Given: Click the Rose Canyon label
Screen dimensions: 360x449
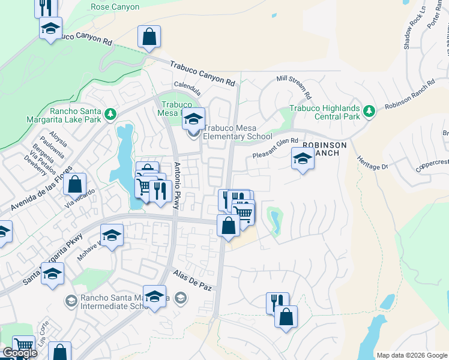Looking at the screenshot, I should pyautogui.click(x=115, y=7).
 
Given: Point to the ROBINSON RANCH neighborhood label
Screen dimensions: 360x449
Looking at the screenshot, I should pyautogui.click(x=324, y=149).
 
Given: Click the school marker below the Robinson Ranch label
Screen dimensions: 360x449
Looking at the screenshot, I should pyautogui.click(x=303, y=160).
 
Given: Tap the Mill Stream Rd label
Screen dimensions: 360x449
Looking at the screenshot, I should pyautogui.click(x=294, y=87).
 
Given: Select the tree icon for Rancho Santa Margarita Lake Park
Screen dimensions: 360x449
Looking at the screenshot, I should pyautogui.click(x=110, y=113).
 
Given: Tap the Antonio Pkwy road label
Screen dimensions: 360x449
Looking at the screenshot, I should pyautogui.click(x=177, y=186).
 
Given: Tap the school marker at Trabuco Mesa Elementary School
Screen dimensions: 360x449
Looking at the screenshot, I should pyautogui.click(x=193, y=118).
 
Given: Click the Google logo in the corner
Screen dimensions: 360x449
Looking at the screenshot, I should pyautogui.click(x=20, y=353).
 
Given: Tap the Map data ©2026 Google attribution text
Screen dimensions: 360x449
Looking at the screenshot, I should pyautogui.click(x=411, y=355).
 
